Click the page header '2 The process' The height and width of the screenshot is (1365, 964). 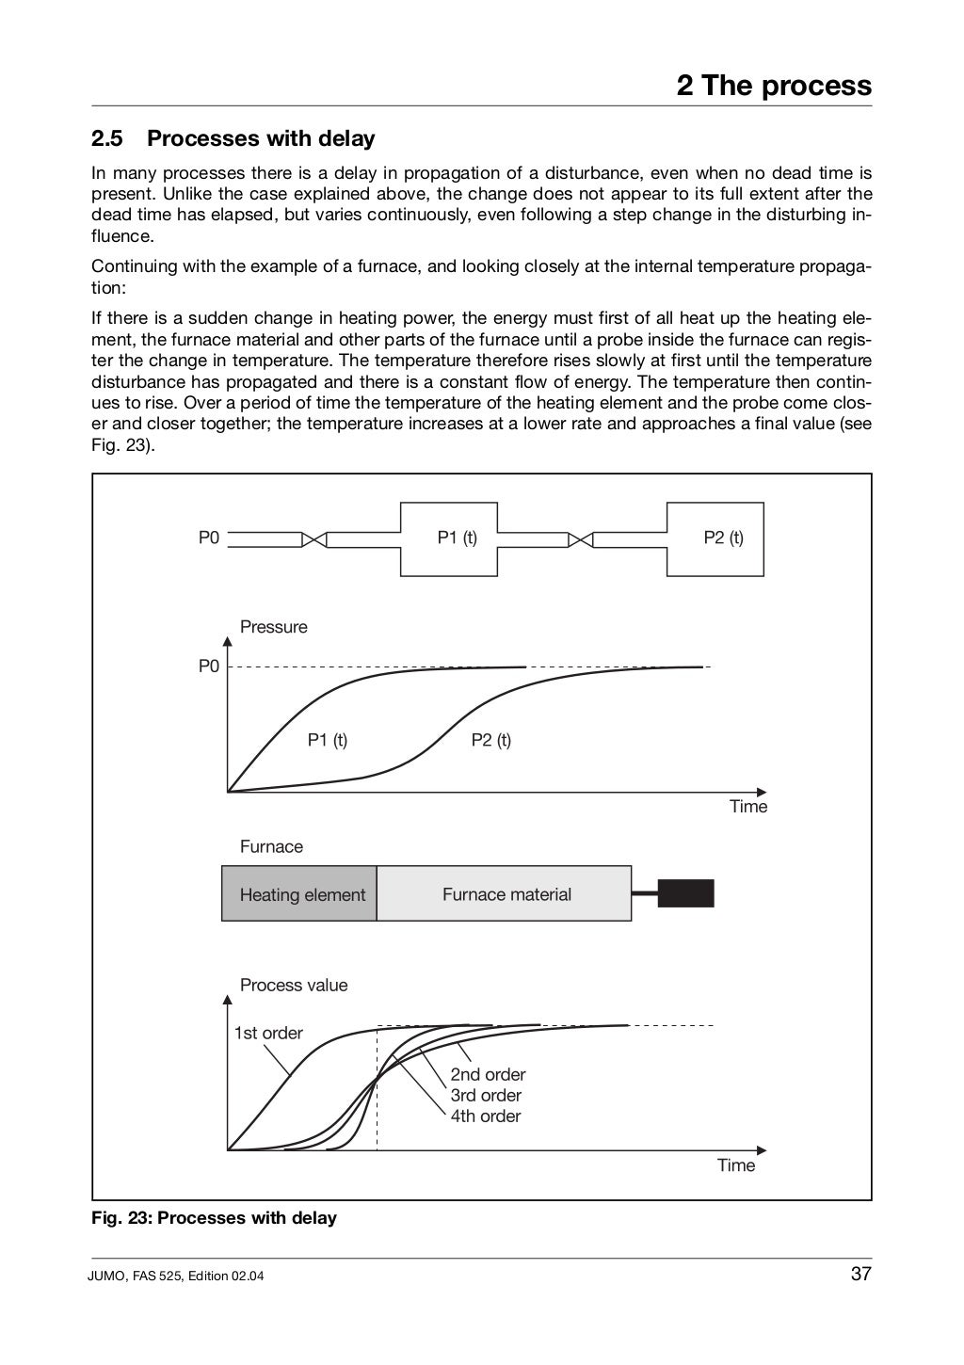click(774, 86)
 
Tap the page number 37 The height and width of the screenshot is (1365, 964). click(860, 1275)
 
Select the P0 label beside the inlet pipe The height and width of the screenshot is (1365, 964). click(208, 538)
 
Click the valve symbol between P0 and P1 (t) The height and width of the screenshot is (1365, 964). click(314, 539)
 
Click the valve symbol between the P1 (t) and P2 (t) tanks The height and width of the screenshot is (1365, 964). click(582, 539)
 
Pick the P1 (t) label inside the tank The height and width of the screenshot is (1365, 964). click(457, 538)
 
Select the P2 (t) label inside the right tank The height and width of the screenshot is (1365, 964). click(723, 538)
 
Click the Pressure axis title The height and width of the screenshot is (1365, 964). click(273, 627)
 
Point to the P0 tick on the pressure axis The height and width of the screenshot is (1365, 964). click(208, 666)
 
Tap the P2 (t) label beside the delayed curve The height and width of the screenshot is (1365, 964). click(490, 740)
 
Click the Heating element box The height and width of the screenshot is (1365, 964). click(301, 894)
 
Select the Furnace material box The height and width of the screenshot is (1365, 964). click(506, 894)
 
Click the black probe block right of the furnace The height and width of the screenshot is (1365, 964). click(685, 893)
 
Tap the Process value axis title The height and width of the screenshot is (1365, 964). click(293, 986)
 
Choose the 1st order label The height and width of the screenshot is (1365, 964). click(268, 1034)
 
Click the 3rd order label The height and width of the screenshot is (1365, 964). click(485, 1096)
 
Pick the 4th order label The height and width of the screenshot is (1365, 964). click(485, 1116)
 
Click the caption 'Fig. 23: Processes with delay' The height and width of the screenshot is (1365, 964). click(214, 1218)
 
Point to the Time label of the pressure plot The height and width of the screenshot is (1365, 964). click(748, 807)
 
